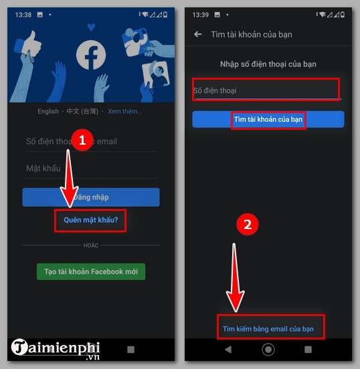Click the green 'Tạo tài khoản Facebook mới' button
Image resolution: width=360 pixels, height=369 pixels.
pyautogui.click(x=91, y=271)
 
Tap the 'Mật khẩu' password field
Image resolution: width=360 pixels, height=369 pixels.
pyautogui.click(x=91, y=168)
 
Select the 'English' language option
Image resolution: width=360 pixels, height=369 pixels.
pyautogui.click(x=48, y=112)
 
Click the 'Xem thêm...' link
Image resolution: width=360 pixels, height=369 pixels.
pyautogui.click(x=124, y=112)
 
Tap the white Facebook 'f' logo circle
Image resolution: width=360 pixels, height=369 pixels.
pyautogui.click(x=91, y=56)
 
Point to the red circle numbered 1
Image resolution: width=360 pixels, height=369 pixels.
pyautogui.click(x=82, y=140)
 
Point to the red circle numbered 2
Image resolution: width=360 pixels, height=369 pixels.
pyautogui.click(x=248, y=225)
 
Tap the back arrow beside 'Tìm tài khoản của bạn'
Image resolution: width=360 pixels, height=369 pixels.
pyautogui.click(x=197, y=34)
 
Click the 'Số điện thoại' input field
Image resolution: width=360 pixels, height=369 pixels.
pyautogui.click(x=266, y=90)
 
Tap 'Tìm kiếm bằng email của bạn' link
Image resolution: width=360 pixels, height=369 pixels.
pyautogui.click(x=268, y=328)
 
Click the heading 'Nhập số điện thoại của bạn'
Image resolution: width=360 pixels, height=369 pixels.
pyautogui.click(x=268, y=64)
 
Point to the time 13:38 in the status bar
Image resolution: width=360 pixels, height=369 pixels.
pyautogui.click(x=24, y=14)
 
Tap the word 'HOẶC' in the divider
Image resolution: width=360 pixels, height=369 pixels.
pyautogui.click(x=91, y=246)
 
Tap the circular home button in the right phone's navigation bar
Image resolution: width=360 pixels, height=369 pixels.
pyautogui.click(x=268, y=350)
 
